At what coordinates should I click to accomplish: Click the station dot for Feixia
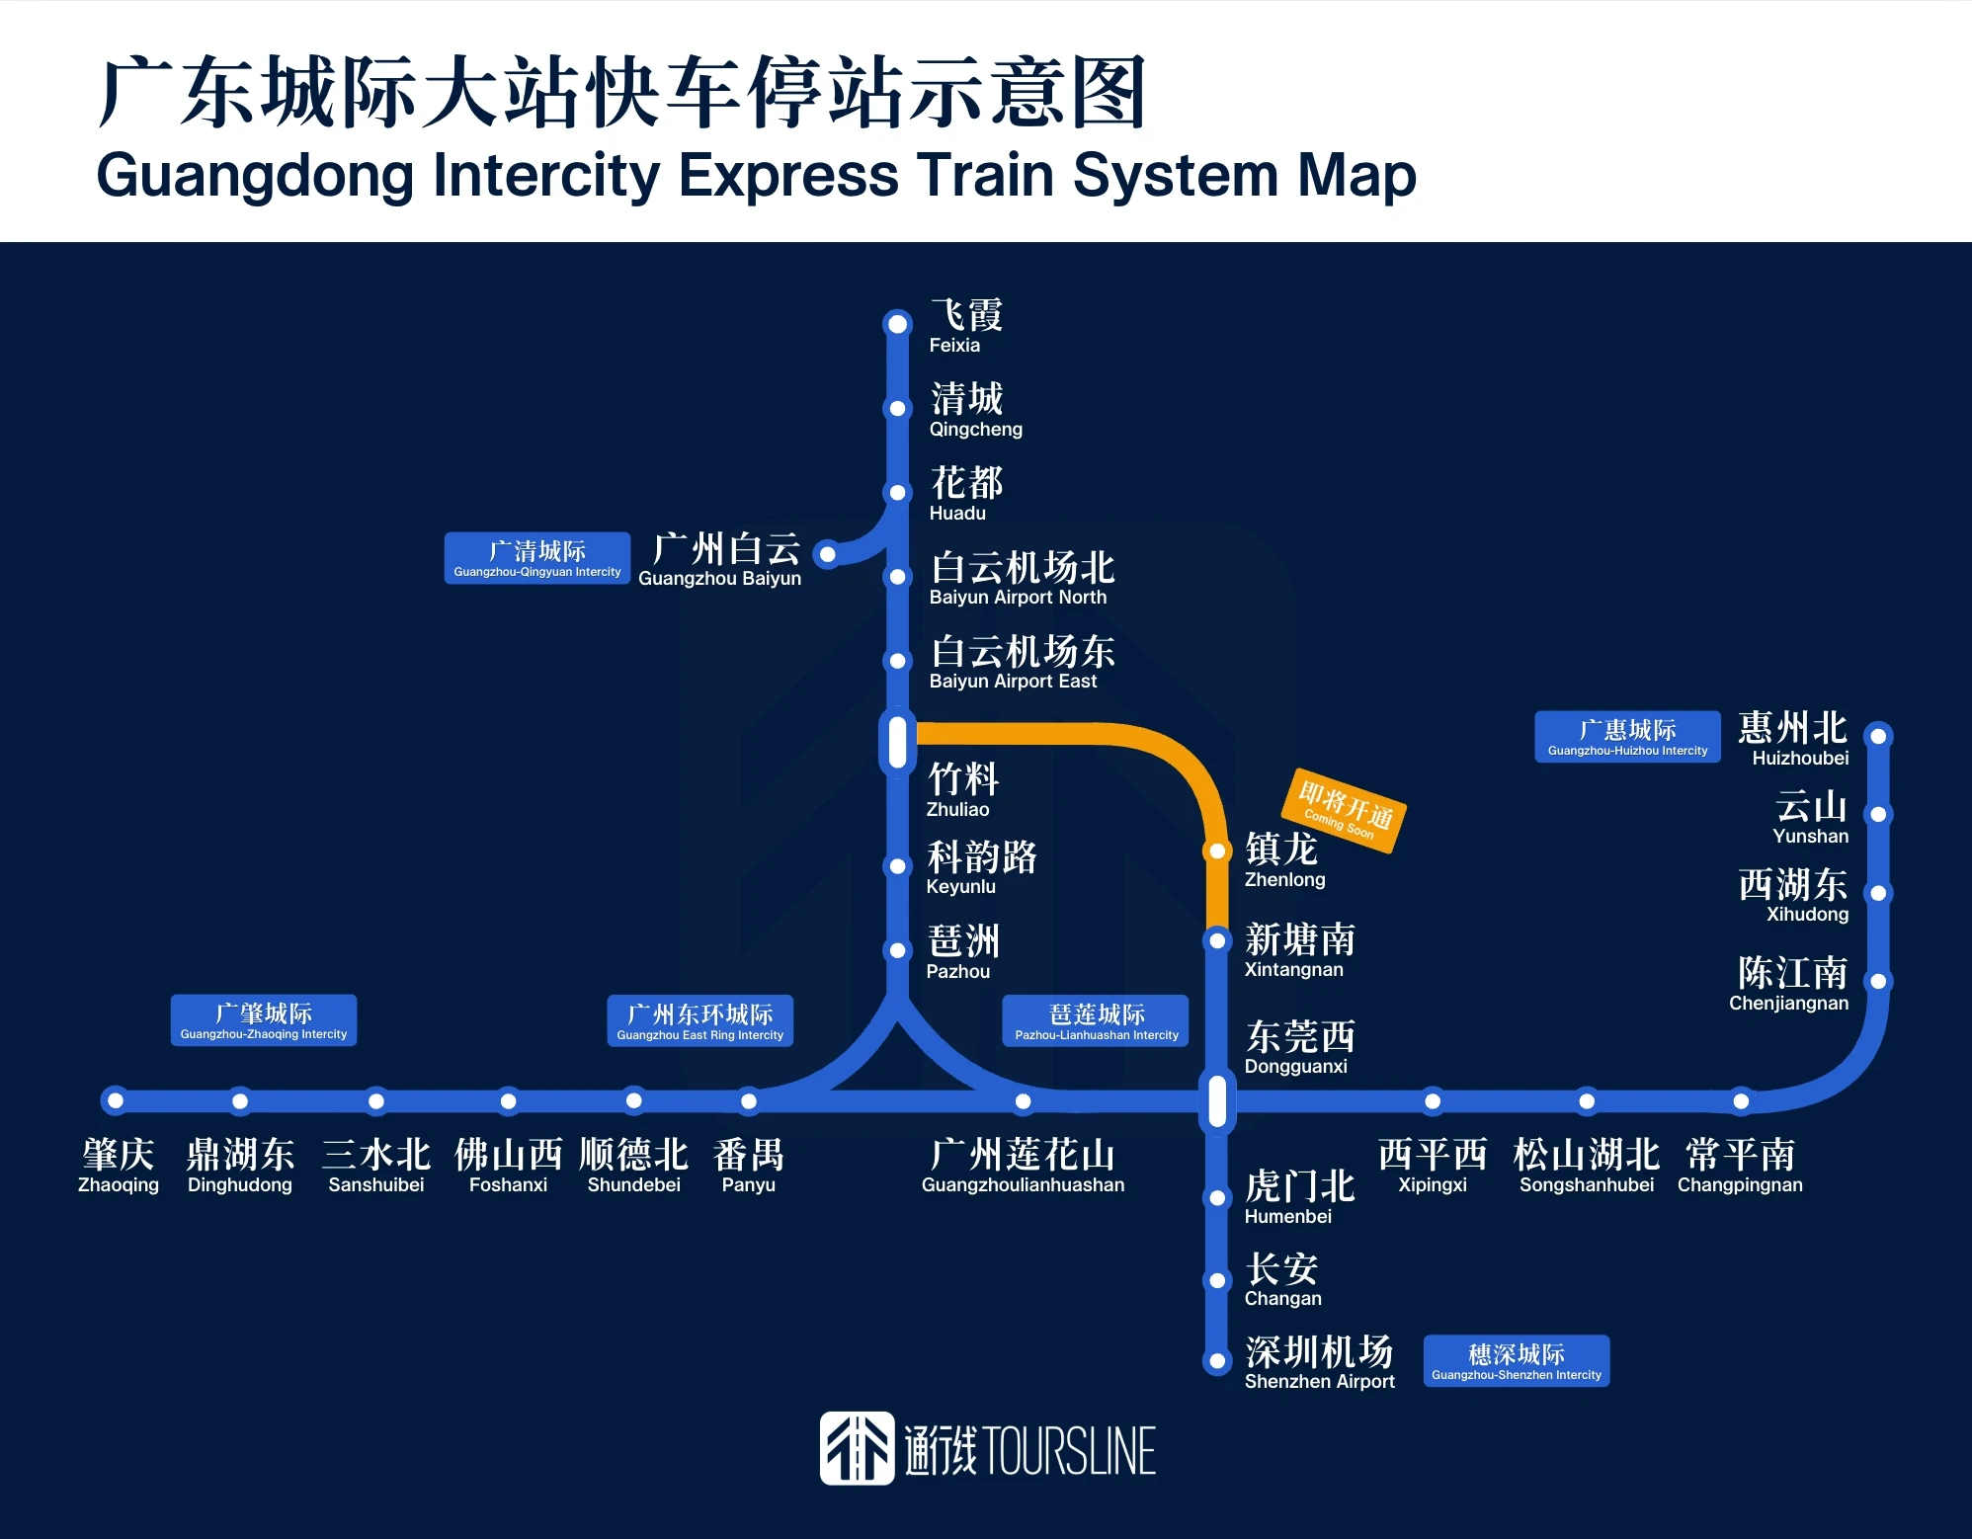[x=897, y=324]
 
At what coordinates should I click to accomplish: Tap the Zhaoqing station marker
[x=116, y=1099]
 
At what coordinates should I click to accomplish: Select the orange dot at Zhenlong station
[x=1217, y=850]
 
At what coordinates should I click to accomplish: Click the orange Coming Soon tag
[x=1344, y=810]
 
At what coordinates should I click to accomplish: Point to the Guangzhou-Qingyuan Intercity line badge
[x=537, y=558]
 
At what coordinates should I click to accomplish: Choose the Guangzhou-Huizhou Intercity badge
[x=1627, y=737]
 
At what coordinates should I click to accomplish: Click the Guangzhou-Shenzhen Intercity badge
[x=1517, y=1361]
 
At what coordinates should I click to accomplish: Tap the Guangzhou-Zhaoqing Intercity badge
[x=264, y=1020]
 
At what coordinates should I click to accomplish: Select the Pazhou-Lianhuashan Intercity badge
[x=1096, y=1020]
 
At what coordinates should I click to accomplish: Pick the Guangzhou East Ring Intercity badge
[x=699, y=1020]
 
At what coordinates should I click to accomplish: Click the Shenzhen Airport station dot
[x=1217, y=1361]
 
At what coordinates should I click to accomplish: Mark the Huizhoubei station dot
[x=1879, y=736]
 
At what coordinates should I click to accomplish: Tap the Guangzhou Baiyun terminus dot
[x=828, y=554]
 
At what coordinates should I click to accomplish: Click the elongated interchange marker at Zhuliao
[x=897, y=742]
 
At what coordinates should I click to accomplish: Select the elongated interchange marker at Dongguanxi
[x=1217, y=1099]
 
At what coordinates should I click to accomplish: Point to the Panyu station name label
[x=749, y=1166]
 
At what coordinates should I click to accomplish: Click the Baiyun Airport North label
[x=1022, y=578]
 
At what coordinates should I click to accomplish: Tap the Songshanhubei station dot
[x=1587, y=1100]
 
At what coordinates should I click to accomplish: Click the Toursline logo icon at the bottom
[x=857, y=1448]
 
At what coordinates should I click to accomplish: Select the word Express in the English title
[x=788, y=176]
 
